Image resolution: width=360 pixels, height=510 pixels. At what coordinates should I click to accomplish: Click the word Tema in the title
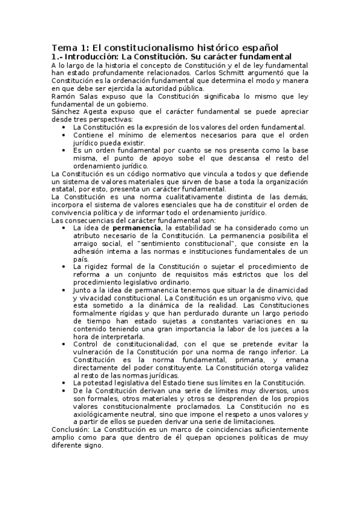(61, 48)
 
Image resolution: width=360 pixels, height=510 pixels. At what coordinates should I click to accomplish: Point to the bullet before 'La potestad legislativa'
(65, 382)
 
